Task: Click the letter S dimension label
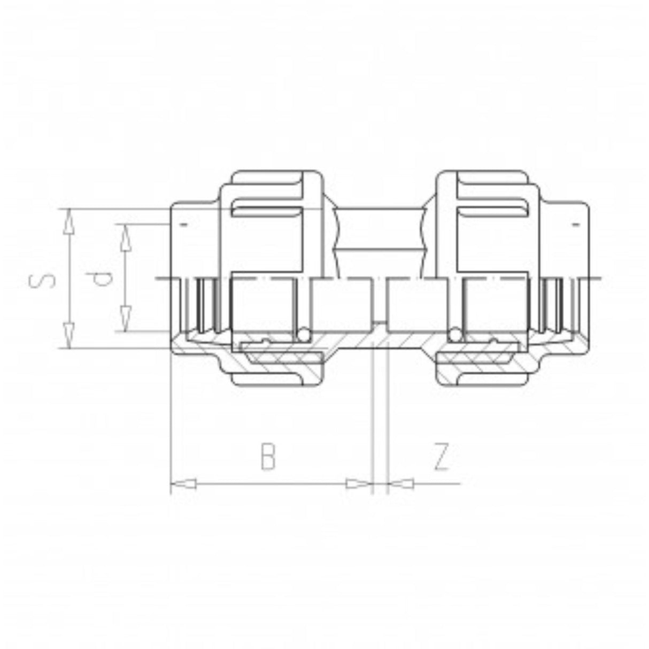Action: (43, 278)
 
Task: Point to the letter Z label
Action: (442, 457)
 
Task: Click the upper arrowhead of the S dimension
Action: (69, 222)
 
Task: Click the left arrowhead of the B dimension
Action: (184, 484)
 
